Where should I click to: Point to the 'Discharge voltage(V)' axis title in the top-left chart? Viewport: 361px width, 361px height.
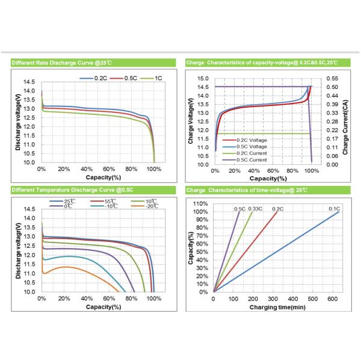(x=19, y=122)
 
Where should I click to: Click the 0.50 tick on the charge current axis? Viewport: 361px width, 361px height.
(x=332, y=87)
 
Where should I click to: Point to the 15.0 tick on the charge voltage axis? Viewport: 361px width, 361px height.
(x=203, y=79)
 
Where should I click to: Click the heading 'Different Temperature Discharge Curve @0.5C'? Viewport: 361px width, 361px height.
(x=72, y=190)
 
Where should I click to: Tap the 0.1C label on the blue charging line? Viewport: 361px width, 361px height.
(x=335, y=209)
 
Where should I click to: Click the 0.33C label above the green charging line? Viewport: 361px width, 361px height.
(x=256, y=209)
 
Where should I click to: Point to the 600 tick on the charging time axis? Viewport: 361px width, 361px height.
(x=330, y=298)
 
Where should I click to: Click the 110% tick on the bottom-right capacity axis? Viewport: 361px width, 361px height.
(x=201, y=203)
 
